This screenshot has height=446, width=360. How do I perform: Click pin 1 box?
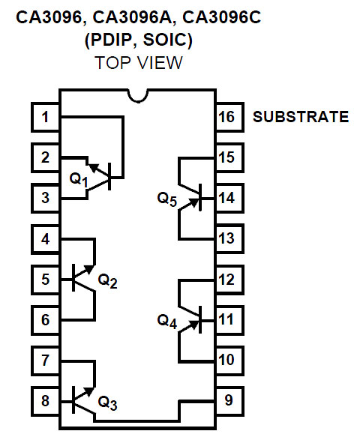click(x=46, y=117)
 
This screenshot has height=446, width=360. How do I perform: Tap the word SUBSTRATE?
click(x=300, y=117)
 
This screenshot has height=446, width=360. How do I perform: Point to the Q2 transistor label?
click(x=108, y=281)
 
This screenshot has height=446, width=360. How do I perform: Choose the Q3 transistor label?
click(x=108, y=404)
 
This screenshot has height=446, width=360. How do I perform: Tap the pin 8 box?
click(x=46, y=400)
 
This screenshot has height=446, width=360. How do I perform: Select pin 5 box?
click(x=46, y=280)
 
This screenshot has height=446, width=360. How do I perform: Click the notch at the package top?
click(x=136, y=95)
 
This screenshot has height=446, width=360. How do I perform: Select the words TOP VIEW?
click(x=139, y=62)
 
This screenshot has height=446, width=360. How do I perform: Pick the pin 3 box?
click(x=46, y=199)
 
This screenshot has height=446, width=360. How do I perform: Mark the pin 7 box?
click(x=46, y=361)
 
